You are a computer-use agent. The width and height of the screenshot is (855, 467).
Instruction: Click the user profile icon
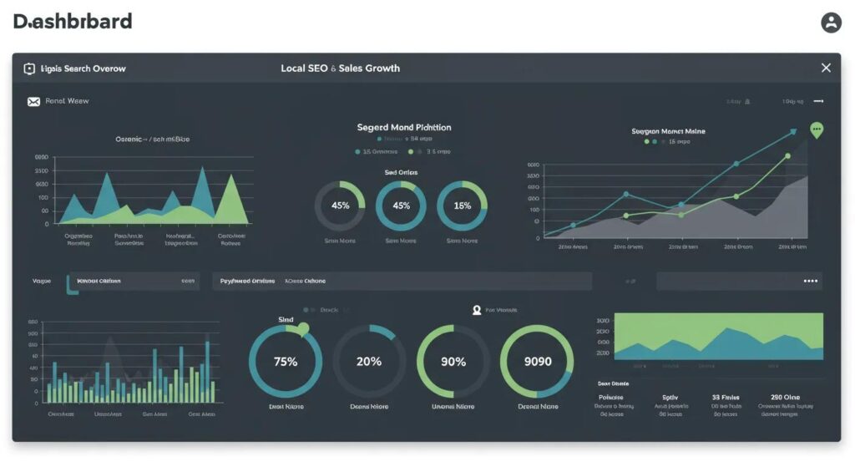tap(831, 23)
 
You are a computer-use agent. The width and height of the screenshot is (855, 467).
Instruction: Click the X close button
tap(826, 68)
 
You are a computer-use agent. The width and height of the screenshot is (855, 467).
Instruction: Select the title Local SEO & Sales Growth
tap(340, 68)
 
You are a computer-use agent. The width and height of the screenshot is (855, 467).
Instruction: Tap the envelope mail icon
tap(33, 101)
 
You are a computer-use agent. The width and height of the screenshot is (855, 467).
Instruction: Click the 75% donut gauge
tap(286, 362)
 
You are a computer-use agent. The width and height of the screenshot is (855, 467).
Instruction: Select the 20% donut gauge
tap(369, 362)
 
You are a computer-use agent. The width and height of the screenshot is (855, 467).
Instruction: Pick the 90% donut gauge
tap(453, 362)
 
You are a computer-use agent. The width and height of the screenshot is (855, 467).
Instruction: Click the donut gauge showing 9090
tap(537, 362)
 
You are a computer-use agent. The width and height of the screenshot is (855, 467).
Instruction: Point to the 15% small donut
tap(462, 206)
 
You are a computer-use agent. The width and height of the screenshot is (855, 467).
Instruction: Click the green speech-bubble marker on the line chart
tap(817, 129)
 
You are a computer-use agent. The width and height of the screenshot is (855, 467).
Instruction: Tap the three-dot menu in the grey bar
tap(810, 282)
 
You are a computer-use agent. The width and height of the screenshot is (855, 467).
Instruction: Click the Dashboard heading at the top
tap(73, 22)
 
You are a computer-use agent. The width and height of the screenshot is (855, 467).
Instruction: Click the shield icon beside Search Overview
tap(29, 69)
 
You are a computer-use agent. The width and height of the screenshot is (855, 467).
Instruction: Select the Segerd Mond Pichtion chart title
tap(404, 128)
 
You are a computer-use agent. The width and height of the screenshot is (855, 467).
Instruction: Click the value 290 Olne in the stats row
tap(785, 398)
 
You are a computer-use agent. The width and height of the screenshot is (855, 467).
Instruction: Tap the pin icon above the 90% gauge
tap(477, 310)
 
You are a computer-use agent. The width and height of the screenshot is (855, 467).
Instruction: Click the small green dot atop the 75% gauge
tap(302, 328)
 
